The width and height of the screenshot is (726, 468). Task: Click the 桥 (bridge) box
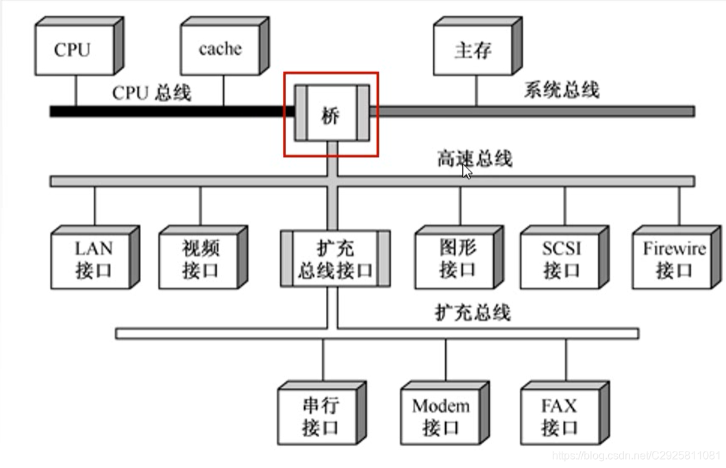pyautogui.click(x=331, y=114)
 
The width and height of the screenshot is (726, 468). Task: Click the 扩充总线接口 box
pyautogui.click(x=335, y=258)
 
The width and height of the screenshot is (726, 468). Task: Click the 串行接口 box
pyautogui.click(x=320, y=417)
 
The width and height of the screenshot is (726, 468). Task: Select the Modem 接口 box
pyautogui.click(x=440, y=417)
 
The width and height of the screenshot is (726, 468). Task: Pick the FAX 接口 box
pyautogui.click(x=560, y=417)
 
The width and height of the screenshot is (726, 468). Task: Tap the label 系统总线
pyautogui.click(x=562, y=90)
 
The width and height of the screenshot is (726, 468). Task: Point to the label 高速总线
pyautogui.click(x=474, y=159)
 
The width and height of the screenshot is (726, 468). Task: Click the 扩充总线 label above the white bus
pyautogui.click(x=473, y=312)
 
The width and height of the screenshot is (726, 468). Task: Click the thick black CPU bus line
pyautogui.click(x=171, y=111)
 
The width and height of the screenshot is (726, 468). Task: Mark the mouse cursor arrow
pyautogui.click(x=466, y=171)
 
